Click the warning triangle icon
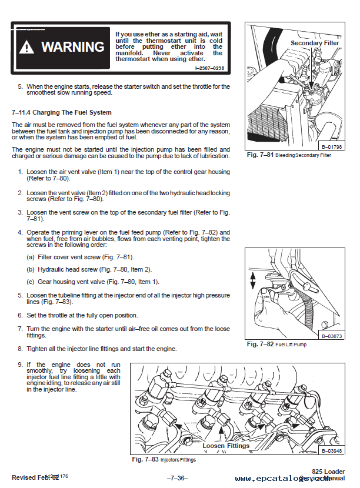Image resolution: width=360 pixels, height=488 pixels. click(28, 48)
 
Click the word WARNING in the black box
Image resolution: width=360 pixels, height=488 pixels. click(72, 47)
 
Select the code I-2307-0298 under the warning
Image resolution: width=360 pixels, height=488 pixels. click(209, 69)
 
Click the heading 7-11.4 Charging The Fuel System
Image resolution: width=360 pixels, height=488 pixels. click(61, 112)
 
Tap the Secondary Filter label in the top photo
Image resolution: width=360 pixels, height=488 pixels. click(315, 43)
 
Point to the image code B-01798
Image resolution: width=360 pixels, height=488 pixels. click(332, 146)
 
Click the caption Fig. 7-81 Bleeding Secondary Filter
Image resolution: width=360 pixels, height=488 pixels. click(288, 155)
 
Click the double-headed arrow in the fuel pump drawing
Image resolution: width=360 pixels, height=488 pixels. click(253, 280)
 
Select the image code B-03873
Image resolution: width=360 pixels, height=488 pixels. click(332, 336)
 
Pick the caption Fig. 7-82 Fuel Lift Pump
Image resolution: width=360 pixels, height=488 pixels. click(276, 345)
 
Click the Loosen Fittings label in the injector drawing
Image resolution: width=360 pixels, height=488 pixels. click(225, 446)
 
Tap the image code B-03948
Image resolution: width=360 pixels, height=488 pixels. click(332, 451)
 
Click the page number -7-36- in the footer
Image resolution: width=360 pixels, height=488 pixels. click(177, 477)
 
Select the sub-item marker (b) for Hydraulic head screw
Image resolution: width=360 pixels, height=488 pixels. click(30, 269)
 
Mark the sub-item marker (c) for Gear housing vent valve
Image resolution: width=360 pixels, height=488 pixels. click(30, 282)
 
